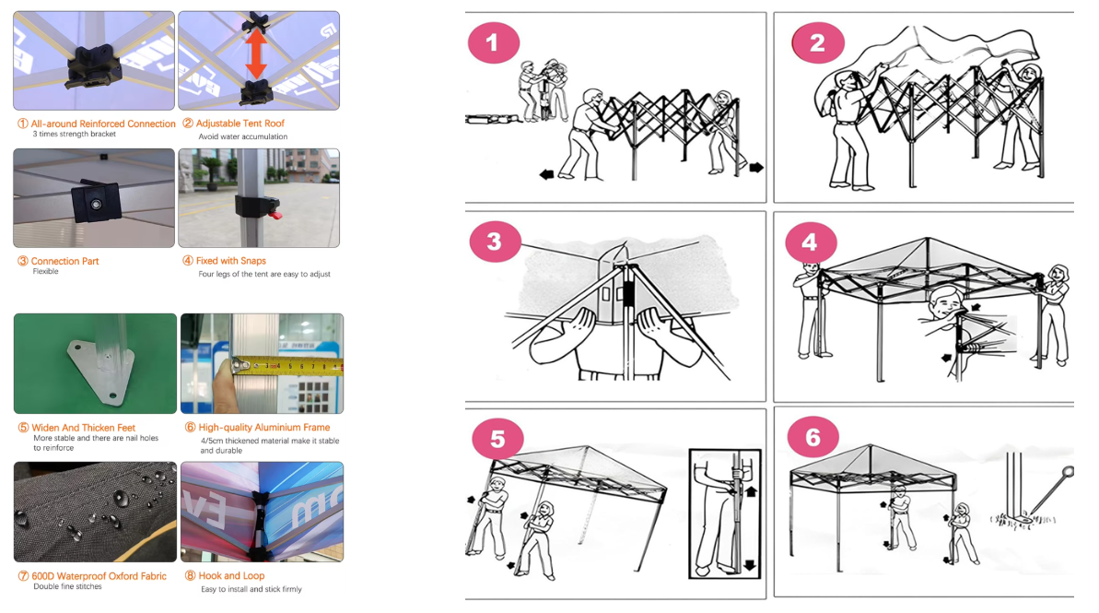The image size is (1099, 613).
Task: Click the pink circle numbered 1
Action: point(494,42)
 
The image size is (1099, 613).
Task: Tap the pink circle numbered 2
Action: point(818,42)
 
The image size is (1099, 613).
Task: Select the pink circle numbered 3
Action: point(495,242)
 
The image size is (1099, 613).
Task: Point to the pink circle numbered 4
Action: point(811,242)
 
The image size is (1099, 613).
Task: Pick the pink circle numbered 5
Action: point(497,439)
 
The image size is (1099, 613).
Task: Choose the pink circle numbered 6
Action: point(813,438)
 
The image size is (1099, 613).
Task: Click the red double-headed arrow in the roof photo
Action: point(256,53)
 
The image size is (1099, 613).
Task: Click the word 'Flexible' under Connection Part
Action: point(45,271)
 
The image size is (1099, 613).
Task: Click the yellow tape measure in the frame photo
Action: point(288,365)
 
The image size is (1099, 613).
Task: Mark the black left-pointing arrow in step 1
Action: point(546,174)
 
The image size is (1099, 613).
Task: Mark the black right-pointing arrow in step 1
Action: point(756,168)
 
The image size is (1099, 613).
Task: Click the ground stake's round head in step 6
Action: point(1068,472)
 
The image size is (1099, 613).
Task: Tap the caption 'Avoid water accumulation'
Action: point(242,136)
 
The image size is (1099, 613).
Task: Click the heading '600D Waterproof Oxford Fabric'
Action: point(99,576)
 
